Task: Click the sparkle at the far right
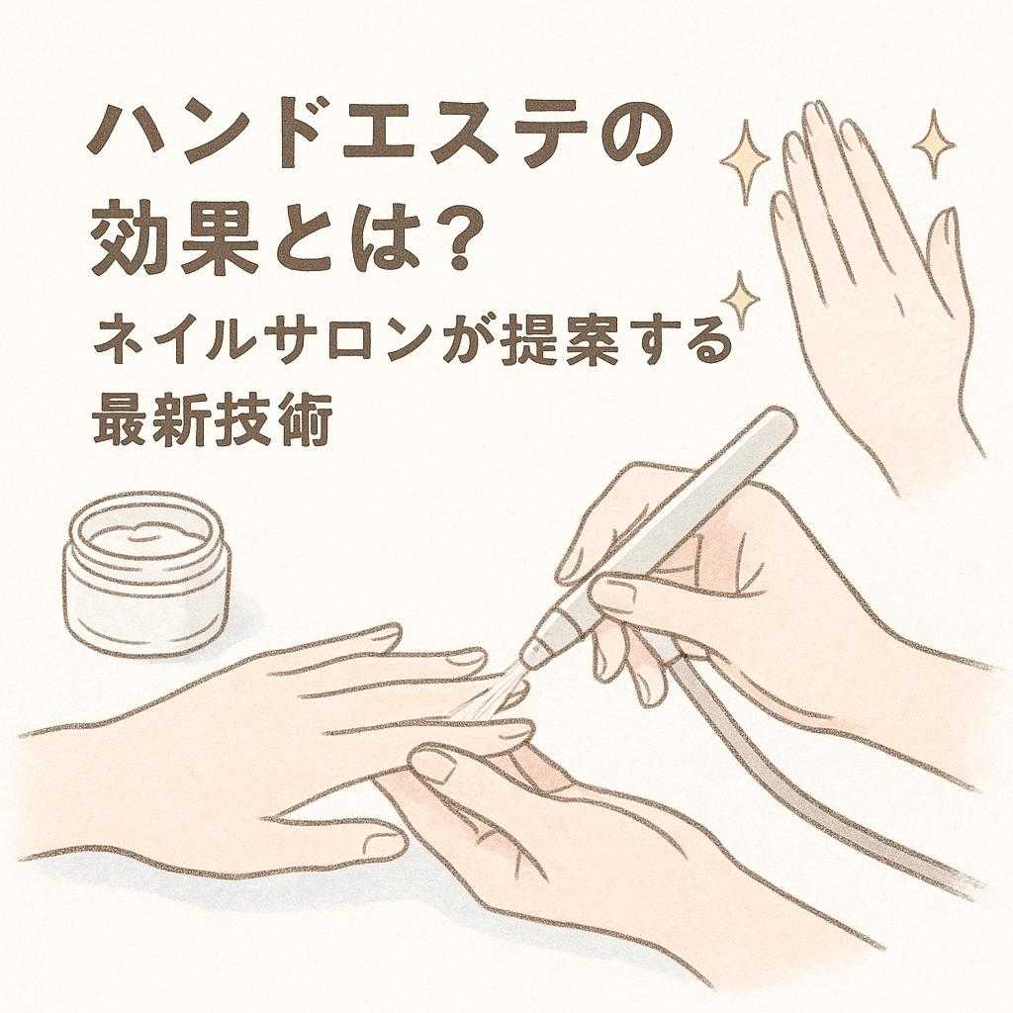[x=932, y=143]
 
